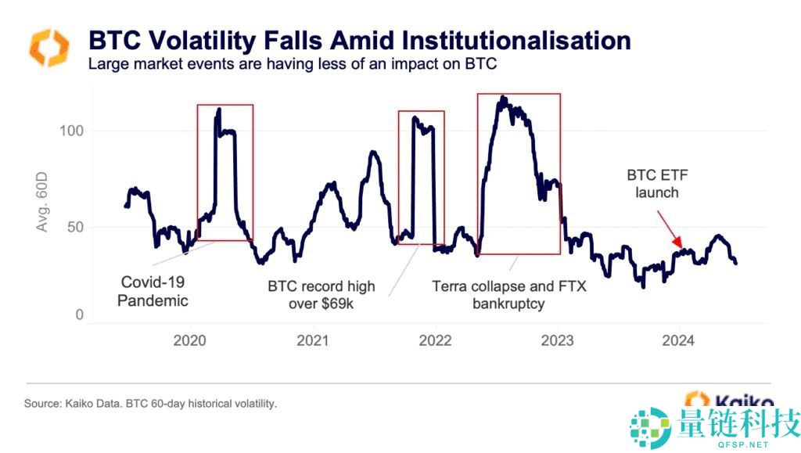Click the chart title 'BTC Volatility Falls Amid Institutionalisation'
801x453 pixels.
click(359, 41)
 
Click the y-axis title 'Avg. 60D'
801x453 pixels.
click(42, 203)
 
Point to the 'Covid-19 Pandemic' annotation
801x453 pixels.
click(153, 290)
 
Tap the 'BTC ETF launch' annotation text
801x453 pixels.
click(653, 183)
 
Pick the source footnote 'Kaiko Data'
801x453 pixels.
click(151, 404)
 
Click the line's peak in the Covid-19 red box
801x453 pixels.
click(218, 110)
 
